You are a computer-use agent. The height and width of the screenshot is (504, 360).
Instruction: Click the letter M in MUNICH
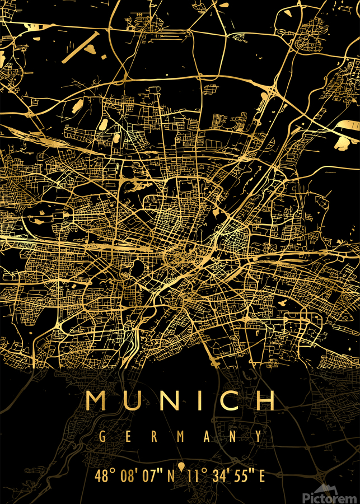click(x=97, y=400)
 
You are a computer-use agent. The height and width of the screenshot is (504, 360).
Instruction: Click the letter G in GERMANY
click(x=102, y=436)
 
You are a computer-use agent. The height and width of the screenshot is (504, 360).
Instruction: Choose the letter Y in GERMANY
click(x=258, y=436)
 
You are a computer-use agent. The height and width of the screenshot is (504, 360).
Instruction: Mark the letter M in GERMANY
click(x=180, y=436)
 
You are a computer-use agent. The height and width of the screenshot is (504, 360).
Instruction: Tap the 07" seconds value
click(x=151, y=477)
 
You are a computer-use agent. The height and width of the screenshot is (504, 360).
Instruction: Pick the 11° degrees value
click(x=197, y=477)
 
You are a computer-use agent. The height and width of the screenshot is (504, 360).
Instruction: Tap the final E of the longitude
click(x=261, y=477)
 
